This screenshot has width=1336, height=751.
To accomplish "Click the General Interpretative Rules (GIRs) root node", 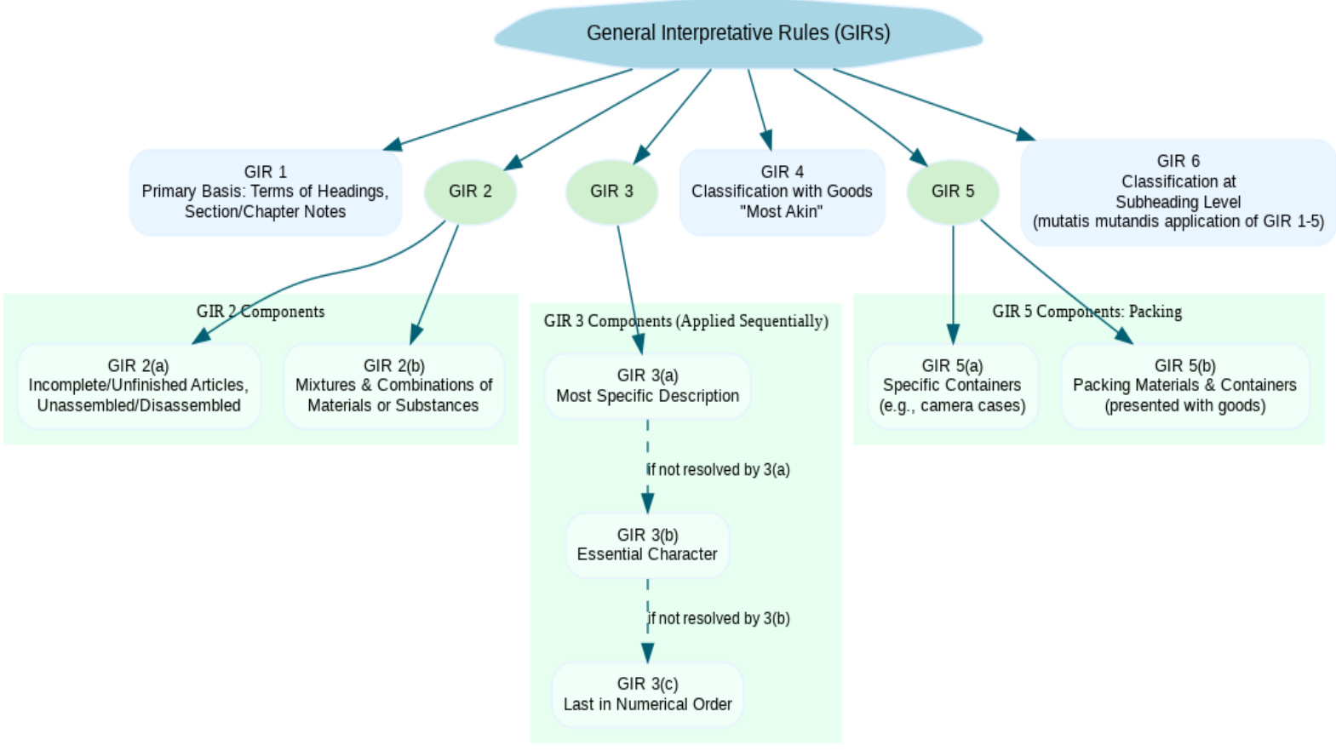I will pyautogui.click(x=738, y=34).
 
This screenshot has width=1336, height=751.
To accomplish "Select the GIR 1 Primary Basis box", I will pyautogui.click(x=265, y=192).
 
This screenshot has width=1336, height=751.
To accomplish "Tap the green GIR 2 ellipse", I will pyautogui.click(x=470, y=192).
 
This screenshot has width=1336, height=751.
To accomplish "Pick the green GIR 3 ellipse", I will pyautogui.click(x=611, y=192).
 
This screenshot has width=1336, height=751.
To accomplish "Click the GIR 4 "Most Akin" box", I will pyautogui.click(x=782, y=192).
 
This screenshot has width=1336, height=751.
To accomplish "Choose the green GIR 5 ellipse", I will pyautogui.click(x=952, y=192).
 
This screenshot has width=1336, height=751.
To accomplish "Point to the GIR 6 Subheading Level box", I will pyautogui.click(x=1178, y=192).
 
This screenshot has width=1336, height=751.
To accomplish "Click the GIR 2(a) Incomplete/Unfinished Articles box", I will pyautogui.click(x=139, y=386).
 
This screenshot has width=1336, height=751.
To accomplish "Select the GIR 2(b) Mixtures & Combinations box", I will pyautogui.click(x=393, y=386).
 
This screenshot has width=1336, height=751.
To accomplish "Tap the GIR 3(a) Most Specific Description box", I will pyautogui.click(x=647, y=386).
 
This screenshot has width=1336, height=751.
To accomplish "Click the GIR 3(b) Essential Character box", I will pyautogui.click(x=647, y=545).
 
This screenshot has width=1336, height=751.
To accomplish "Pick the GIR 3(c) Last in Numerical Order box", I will pyautogui.click(x=647, y=694).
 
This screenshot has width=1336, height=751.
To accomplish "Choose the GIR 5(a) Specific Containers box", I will pyautogui.click(x=952, y=386).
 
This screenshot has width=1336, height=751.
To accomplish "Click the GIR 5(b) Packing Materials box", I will pyautogui.click(x=1184, y=386).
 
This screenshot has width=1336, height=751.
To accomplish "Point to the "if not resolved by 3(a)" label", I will pyautogui.click(x=718, y=470).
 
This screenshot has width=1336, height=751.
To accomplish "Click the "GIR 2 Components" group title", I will pyautogui.click(x=261, y=312).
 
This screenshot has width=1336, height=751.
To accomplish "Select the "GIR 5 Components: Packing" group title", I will pyautogui.click(x=1087, y=312).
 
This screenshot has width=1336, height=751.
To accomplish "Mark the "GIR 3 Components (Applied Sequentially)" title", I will pyautogui.click(x=685, y=321).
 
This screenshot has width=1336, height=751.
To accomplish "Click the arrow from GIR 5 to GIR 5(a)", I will pyautogui.click(x=953, y=281).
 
